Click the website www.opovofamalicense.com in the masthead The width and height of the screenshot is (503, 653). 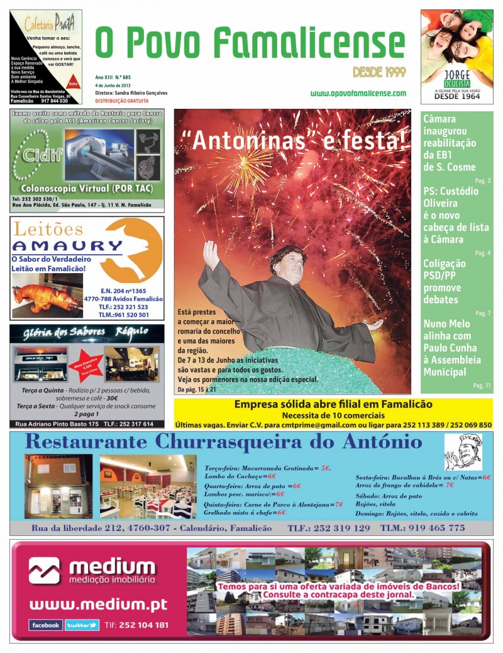(358, 93)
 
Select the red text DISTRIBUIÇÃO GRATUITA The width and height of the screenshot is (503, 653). (122, 101)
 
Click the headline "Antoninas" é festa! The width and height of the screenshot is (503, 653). (292, 140)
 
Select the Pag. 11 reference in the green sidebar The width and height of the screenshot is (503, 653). (482, 385)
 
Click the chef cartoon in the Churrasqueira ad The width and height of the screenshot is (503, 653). (463, 452)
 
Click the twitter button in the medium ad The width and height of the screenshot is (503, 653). (82, 625)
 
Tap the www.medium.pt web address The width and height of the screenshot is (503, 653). (98, 605)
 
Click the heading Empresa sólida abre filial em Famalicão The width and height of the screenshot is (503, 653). (333, 405)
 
